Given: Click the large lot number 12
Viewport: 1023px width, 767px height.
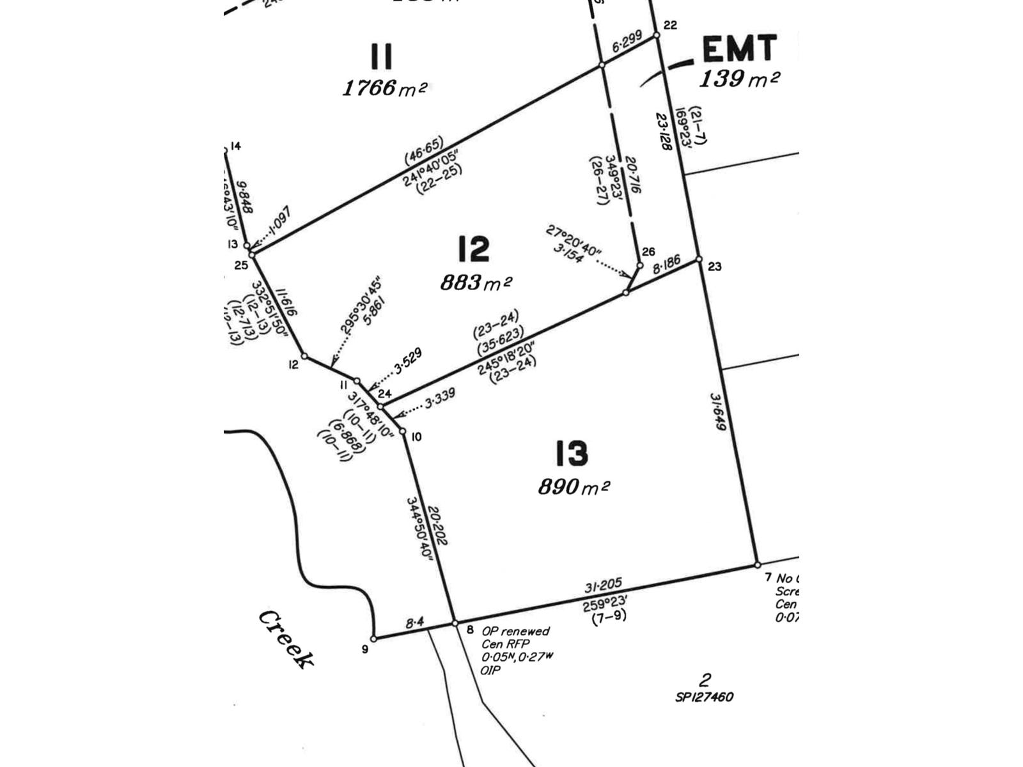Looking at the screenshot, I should pos(474,249).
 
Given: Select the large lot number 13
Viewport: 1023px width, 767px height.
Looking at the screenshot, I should pos(571,454).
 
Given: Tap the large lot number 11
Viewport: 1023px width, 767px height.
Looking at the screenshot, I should pos(381,57).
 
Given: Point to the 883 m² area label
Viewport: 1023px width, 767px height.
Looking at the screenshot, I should pos(476,282).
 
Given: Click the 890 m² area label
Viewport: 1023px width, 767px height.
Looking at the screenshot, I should pos(574,487).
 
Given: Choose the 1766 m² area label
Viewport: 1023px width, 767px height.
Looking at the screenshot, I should pos(384,88).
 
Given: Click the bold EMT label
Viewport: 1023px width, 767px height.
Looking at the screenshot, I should pos(739,49).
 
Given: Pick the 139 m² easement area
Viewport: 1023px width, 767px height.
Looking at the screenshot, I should pos(739,79).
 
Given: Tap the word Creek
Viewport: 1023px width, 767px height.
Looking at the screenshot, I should pos(286,639).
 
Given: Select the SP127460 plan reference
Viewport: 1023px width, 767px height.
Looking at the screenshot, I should pos(704,697).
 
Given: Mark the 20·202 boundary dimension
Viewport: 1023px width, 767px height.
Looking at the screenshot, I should pos(438,526).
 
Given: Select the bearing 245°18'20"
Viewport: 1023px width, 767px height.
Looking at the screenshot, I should pos(506,360).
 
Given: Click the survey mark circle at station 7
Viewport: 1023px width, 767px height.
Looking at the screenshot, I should pos(758,565).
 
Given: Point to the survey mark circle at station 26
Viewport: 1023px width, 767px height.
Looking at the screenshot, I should pos(640,265).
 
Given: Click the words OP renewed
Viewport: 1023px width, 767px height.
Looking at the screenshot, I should pos(515,631).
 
